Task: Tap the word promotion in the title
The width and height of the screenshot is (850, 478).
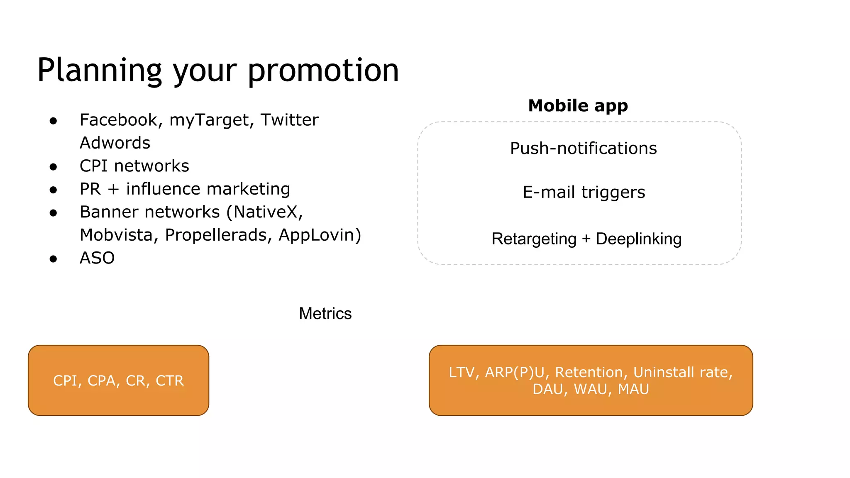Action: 323,71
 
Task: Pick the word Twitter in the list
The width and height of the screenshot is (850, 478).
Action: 289,120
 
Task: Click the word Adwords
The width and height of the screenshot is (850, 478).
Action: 115,143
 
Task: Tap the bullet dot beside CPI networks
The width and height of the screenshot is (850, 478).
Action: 53,167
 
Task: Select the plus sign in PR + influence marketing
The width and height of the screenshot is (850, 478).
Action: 113,189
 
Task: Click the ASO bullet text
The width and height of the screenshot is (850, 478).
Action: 97,258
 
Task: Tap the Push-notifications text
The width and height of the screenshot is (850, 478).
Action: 583,148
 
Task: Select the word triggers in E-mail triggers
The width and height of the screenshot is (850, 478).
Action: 613,193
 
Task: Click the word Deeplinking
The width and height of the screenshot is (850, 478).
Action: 638,239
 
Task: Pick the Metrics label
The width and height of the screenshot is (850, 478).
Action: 325,314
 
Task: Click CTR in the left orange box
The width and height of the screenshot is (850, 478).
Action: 169,381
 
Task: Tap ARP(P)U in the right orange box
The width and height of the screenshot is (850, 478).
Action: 515,372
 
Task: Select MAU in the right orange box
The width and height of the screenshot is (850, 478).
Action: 633,389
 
